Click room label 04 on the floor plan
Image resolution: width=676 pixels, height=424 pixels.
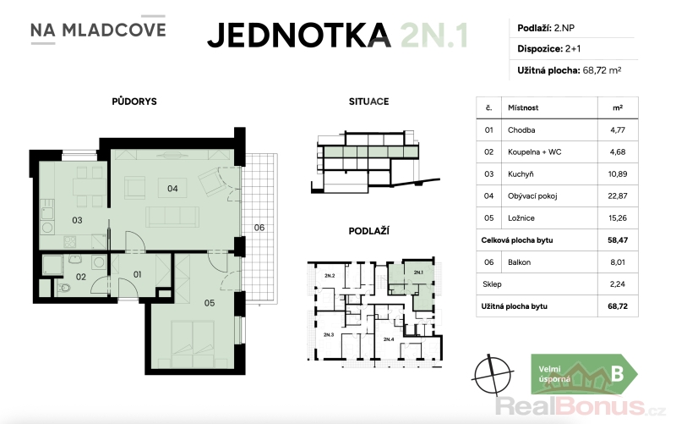tap(172, 188)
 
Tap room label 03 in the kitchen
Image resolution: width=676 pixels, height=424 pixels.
tap(77, 220)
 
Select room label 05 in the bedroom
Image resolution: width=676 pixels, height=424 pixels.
tap(210, 303)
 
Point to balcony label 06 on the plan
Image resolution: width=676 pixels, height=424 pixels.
tap(259, 228)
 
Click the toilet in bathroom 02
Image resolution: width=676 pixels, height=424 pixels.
tap(65, 288)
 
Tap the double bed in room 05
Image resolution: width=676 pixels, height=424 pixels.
tap(193, 344)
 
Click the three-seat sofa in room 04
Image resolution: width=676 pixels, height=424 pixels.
tap(172, 217)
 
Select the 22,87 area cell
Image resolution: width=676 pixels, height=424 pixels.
tap(618, 196)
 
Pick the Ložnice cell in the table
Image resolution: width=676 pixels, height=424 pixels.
tap(521, 218)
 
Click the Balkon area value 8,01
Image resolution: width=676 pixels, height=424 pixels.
tap(618, 262)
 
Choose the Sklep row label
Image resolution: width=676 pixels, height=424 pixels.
tap(492, 284)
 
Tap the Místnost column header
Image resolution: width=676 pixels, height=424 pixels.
tap(523, 108)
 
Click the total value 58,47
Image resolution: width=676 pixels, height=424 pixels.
tap(618, 240)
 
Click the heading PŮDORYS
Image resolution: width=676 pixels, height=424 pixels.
tap(134, 102)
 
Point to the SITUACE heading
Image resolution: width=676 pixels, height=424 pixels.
tap(368, 102)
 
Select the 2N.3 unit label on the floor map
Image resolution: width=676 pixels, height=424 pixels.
tap(329, 334)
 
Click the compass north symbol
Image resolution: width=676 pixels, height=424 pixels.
tap(493, 374)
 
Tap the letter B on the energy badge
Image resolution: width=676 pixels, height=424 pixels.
tap(618, 374)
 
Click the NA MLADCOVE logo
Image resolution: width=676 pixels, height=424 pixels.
tap(98, 30)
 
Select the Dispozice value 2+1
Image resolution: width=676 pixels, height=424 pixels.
tap(573, 49)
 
